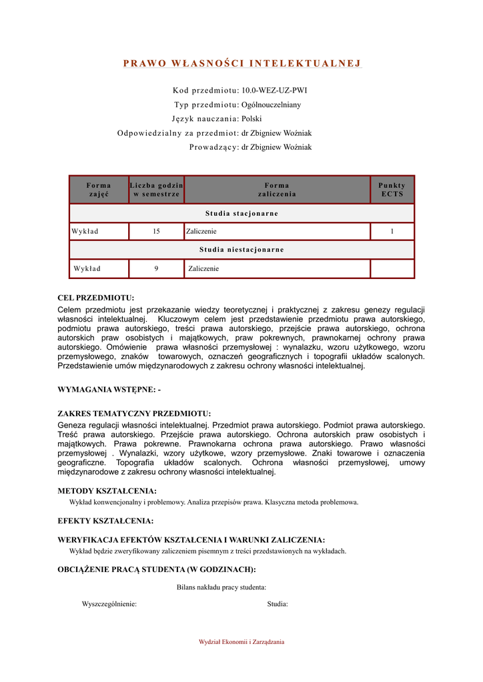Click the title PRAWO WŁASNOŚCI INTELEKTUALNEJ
click(x=241, y=64)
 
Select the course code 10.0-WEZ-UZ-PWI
click(x=274, y=90)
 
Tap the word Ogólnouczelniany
click(x=271, y=105)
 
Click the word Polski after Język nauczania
click(x=252, y=119)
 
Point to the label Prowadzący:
click(x=214, y=147)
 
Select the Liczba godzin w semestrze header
click(x=156, y=189)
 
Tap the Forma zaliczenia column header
click(x=277, y=189)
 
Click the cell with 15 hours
click(x=156, y=231)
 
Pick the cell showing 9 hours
click(x=156, y=268)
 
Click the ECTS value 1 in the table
click(x=392, y=231)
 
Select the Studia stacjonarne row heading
click(x=241, y=213)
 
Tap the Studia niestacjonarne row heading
click(x=241, y=250)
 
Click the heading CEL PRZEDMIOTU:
click(x=96, y=298)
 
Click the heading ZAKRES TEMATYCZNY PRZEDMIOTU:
click(x=134, y=414)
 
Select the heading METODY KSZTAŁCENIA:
click(x=107, y=491)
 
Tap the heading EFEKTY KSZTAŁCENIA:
click(x=105, y=521)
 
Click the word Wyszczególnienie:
click(x=109, y=604)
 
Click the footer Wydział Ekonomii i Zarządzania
click(x=241, y=642)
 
